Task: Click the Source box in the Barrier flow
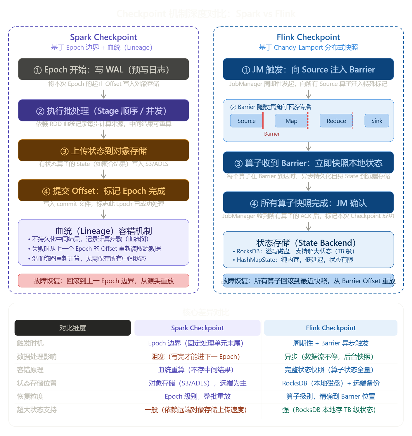(x=246, y=121)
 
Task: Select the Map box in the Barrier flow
(x=291, y=121)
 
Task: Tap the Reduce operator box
(x=336, y=121)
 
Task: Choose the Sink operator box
(x=377, y=121)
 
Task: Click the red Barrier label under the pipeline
(x=272, y=134)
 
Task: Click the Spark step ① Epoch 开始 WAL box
(x=103, y=69)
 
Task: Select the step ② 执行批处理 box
(x=103, y=110)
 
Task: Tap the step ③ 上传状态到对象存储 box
(x=103, y=150)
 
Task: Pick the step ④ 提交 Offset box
(x=103, y=191)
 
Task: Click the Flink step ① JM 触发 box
(x=308, y=69)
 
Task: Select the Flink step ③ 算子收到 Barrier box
(x=308, y=162)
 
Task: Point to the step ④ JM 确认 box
(x=308, y=203)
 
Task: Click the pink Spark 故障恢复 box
(x=103, y=281)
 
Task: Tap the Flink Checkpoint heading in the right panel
(x=308, y=37)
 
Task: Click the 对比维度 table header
(x=72, y=328)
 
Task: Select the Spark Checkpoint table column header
(x=197, y=328)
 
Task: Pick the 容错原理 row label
(x=30, y=370)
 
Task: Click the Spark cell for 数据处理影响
(x=196, y=357)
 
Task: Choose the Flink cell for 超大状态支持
(x=329, y=410)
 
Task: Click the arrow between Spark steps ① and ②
(x=103, y=94)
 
